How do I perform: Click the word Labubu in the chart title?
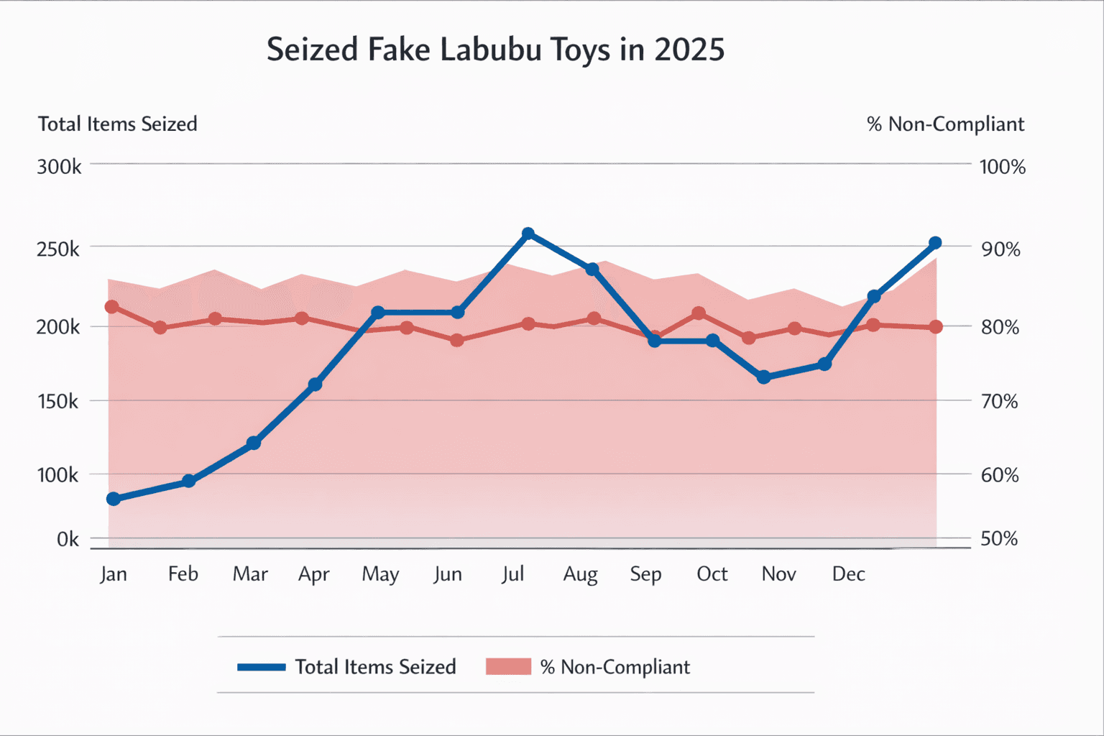[490, 50]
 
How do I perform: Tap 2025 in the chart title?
[689, 50]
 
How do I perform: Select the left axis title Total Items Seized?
[118, 124]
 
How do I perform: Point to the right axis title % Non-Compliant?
[945, 124]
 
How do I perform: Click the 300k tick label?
[59, 167]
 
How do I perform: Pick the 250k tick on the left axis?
[59, 249]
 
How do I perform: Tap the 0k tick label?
[68, 539]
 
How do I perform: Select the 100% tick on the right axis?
[1002, 167]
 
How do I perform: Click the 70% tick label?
[999, 401]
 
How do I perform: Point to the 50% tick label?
[999, 539]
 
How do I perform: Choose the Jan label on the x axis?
[114, 574]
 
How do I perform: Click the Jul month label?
[513, 574]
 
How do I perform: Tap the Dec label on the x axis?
[848, 574]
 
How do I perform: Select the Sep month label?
[645, 574]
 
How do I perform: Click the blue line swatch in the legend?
[262, 667]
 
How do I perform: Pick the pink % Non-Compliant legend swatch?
[508, 667]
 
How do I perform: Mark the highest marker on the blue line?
[528, 234]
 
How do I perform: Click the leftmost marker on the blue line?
[114, 499]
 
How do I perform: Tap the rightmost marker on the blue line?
[935, 243]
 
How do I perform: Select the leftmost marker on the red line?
[112, 307]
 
